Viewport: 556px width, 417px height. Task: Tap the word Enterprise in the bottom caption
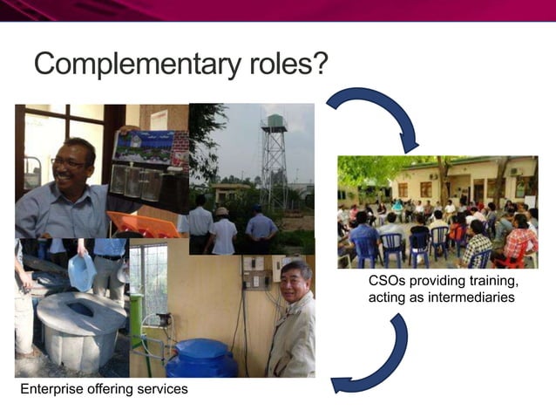[x=54, y=389]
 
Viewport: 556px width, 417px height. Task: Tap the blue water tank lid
[x=201, y=349]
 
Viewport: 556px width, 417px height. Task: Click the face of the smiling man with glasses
[x=74, y=165]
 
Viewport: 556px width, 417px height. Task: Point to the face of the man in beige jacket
[x=295, y=284]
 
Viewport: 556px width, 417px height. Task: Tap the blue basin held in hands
[x=81, y=272]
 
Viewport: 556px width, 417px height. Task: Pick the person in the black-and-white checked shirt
[x=476, y=246]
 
